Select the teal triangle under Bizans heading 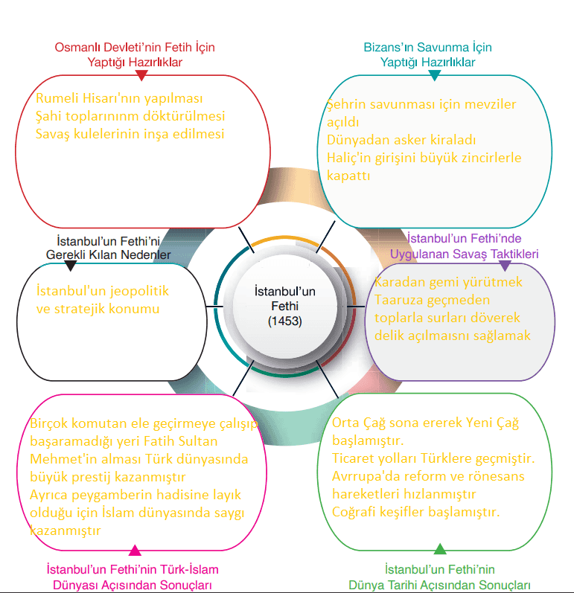435,75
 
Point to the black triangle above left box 71,265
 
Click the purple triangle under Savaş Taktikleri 505,265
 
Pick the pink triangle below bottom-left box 135,551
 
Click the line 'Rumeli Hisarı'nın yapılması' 119,98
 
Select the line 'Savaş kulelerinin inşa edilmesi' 130,134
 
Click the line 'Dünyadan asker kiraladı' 401,140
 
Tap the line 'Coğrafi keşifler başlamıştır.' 415,512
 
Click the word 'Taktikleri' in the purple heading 514,254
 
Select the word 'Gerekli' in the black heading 66,254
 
